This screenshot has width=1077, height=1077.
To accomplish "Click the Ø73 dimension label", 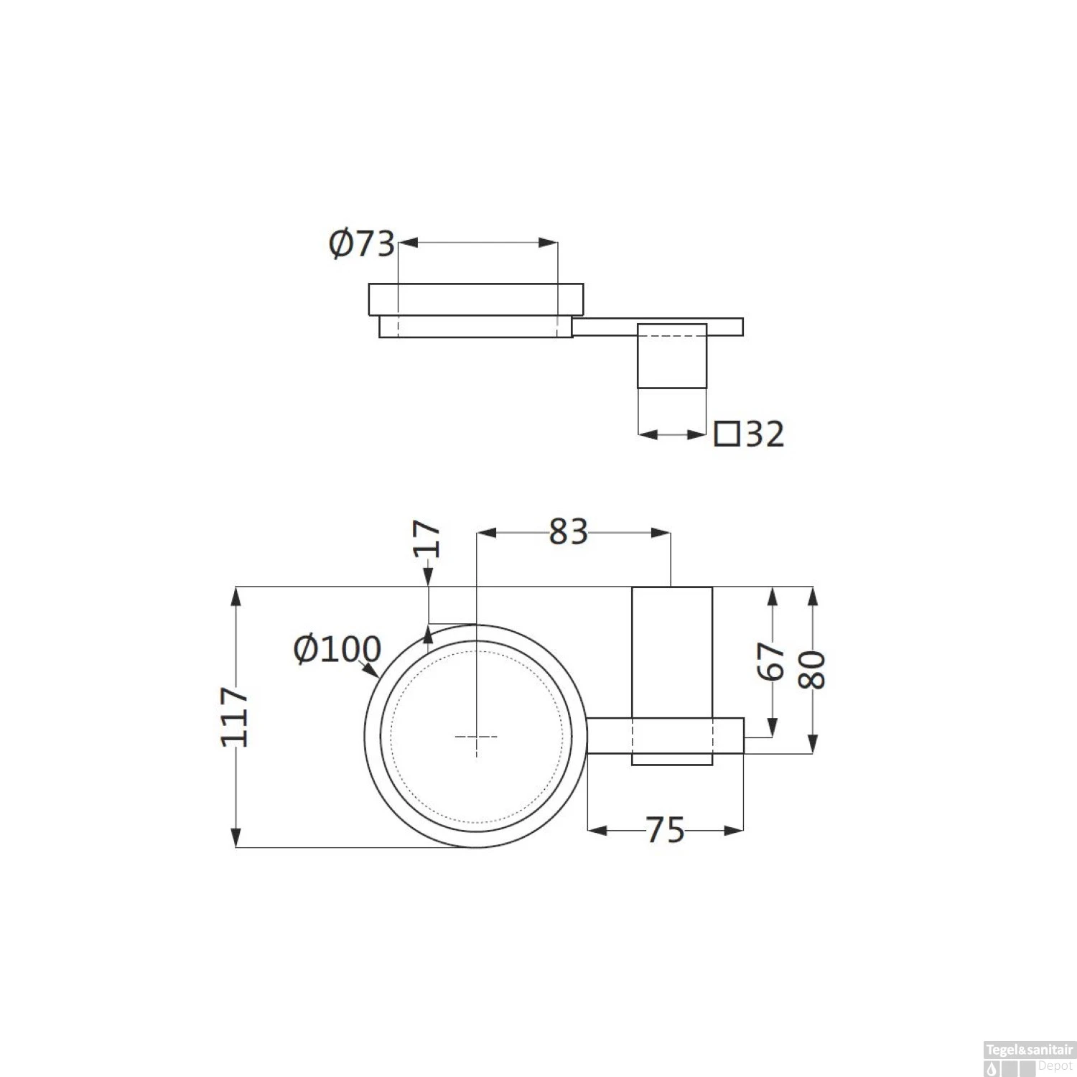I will tap(362, 244).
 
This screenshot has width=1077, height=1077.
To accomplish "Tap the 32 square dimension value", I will tap(765, 434).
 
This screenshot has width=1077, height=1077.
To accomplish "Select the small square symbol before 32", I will tap(727, 434).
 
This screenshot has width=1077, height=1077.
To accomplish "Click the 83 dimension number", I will tap(568, 533).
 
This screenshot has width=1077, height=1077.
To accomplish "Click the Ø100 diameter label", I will tap(337, 650).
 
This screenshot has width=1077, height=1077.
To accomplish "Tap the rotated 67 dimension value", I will tap(771, 661).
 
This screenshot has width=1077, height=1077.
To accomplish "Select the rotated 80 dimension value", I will tap(812, 670).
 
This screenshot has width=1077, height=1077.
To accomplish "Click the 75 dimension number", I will tap(666, 831).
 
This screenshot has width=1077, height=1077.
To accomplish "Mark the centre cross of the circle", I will tap(476, 737).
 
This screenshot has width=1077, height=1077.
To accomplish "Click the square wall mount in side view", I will tap(673, 355).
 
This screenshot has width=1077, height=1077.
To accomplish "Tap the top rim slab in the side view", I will tap(476, 299).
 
